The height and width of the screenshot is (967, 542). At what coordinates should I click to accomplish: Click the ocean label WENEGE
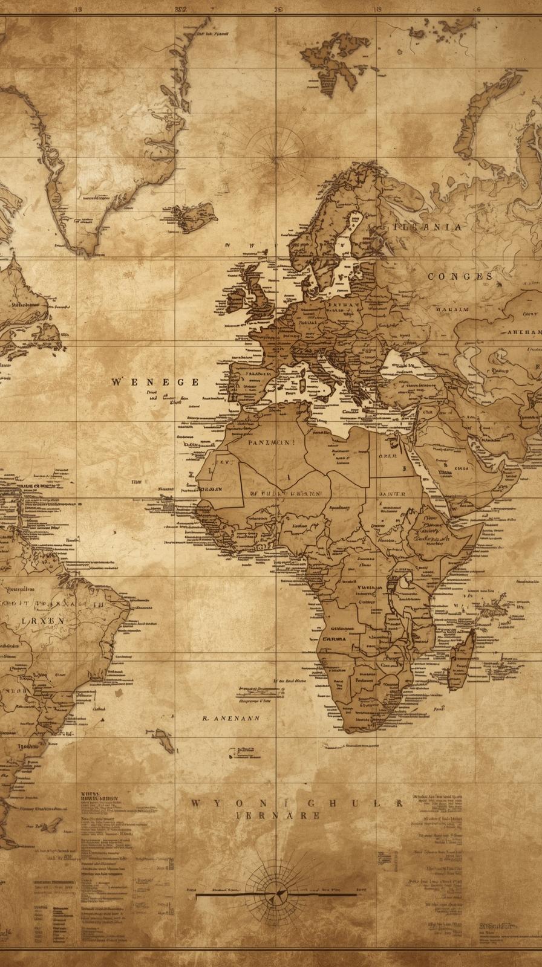tap(155, 382)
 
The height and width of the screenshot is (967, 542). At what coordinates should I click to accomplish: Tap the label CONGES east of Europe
tap(460, 276)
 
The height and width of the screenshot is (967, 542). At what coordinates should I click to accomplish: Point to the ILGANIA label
tap(428, 227)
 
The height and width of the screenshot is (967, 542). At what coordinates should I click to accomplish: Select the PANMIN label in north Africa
tap(270, 442)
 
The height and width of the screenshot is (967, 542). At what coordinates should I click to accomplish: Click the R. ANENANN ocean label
tap(230, 719)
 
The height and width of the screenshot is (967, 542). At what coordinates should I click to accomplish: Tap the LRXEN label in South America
tap(43, 620)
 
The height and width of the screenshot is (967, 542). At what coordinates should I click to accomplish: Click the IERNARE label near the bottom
tap(278, 815)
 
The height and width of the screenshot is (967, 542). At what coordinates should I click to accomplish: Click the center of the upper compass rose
tap(278, 158)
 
